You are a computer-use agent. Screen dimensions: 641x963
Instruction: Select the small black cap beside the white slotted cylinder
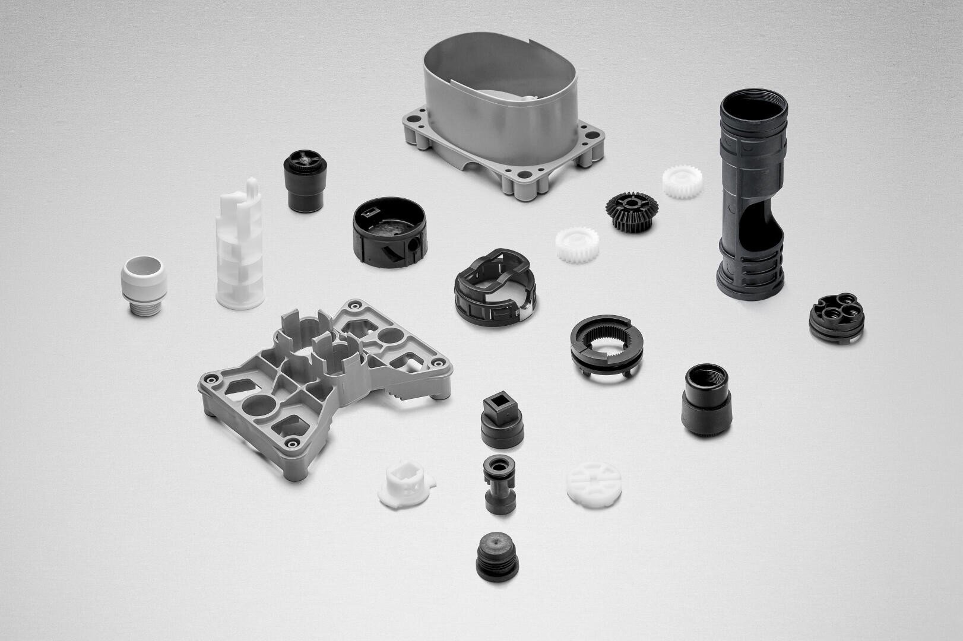coord(305,181)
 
